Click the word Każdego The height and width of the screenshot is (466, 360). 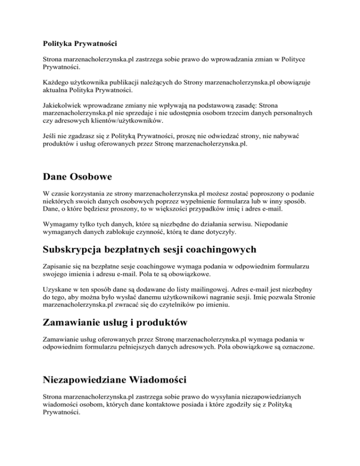pyautogui.click(x=52, y=83)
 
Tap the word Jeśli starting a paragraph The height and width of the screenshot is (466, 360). pyautogui.click(x=45, y=135)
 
